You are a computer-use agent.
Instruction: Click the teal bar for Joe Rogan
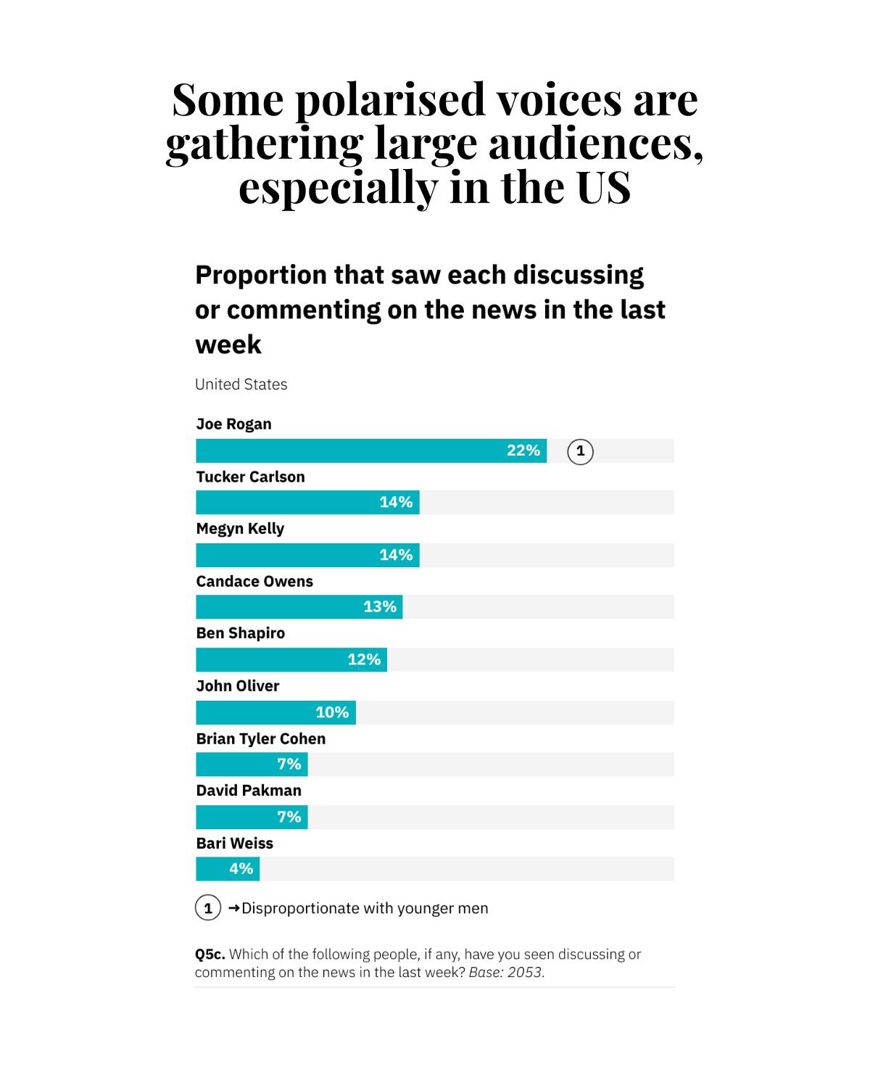click(371, 450)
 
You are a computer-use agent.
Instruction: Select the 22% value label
click(523, 450)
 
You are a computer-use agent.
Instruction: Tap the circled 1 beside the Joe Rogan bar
click(580, 451)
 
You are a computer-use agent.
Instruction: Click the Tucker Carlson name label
click(250, 477)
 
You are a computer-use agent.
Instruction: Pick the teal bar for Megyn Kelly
click(307, 555)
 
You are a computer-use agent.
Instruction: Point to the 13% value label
click(380, 606)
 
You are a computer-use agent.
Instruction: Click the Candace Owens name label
click(254, 582)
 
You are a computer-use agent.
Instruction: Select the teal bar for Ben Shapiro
click(291, 660)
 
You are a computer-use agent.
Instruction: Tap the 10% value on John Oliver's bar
click(332, 712)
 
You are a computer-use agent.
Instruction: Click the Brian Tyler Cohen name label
click(261, 738)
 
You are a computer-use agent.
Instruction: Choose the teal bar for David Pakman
click(252, 817)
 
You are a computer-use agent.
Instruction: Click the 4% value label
click(241, 868)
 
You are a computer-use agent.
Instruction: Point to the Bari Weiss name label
click(235, 844)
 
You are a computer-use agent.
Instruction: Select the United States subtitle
click(241, 384)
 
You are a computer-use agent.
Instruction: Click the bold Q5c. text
click(210, 955)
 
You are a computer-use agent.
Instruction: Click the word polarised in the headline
click(390, 101)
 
